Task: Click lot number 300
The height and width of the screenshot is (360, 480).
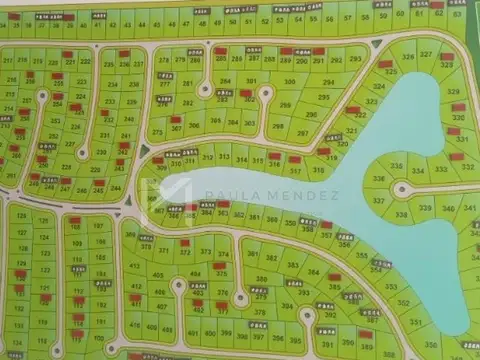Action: click(289, 83)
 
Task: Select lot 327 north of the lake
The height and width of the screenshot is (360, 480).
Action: click(425, 54)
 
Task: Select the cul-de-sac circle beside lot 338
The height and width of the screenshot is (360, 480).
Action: click(403, 188)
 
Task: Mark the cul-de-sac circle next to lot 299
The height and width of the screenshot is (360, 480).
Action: click(266, 92)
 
